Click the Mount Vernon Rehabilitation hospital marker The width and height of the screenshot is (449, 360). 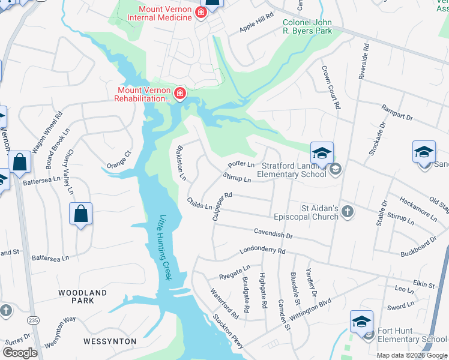tap(179, 94)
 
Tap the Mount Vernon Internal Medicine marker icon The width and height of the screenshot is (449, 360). tap(200, 13)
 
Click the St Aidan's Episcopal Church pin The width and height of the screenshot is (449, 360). tap(348, 212)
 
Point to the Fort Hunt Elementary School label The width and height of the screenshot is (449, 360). tap(412, 335)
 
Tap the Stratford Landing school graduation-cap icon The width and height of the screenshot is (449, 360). tap(322, 153)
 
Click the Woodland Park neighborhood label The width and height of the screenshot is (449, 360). tap(82, 296)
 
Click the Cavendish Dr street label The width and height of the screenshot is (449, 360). tap(273, 234)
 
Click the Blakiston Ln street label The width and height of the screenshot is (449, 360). tap(180, 162)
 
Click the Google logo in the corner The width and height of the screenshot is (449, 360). tap(20, 353)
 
